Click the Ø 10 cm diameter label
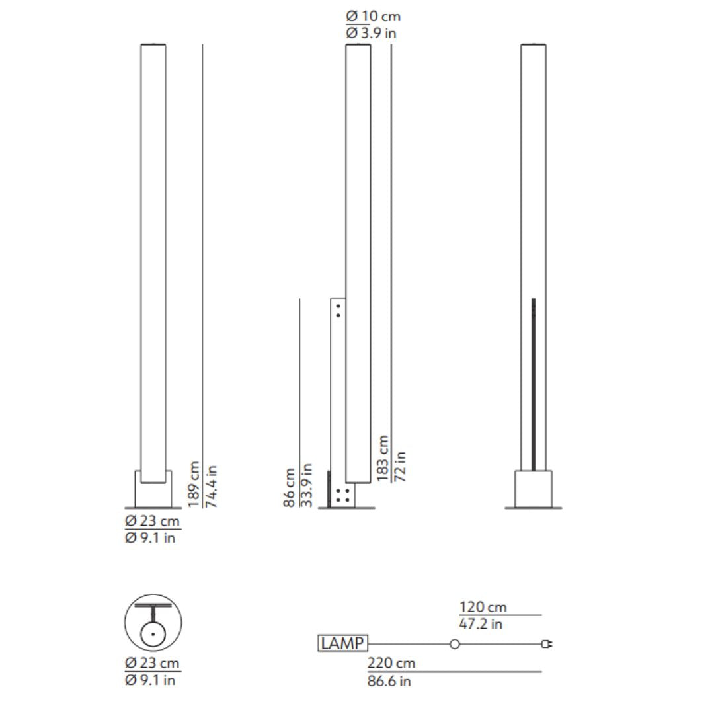tap(373, 17)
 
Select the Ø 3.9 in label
tap(371, 33)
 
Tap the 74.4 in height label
tap(211, 486)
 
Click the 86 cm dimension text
tap(290, 488)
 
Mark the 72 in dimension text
tap(400, 466)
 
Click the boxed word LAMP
tap(342, 643)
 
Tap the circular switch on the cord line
tap(455, 644)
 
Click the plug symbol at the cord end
tap(547, 644)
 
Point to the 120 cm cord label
tap(483, 607)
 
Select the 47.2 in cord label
tap(481, 623)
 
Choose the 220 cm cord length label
tap(391, 663)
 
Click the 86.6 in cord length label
tap(389, 680)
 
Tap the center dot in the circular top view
tap(153, 633)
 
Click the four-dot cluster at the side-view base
tap(342, 496)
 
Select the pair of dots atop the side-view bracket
tap(338, 311)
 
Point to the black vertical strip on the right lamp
tap(534, 383)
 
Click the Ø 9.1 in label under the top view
tap(151, 680)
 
